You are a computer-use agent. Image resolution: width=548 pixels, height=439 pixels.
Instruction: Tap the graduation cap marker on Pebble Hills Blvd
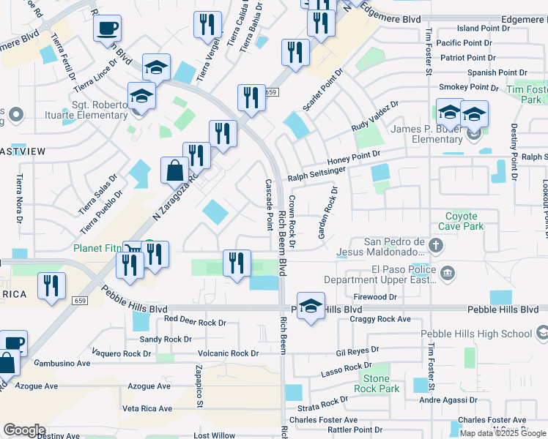click(311, 307)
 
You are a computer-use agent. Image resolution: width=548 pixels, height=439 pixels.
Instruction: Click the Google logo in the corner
click(24, 430)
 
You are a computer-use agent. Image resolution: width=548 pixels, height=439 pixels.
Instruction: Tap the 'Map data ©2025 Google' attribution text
click(503, 433)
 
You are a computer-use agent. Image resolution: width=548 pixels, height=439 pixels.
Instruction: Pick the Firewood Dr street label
click(374, 297)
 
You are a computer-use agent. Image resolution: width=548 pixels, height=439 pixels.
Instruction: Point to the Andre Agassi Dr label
click(448, 400)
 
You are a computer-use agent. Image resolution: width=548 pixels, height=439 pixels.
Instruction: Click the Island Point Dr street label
click(483, 29)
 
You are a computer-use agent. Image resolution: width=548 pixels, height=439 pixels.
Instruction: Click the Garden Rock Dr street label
click(327, 213)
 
